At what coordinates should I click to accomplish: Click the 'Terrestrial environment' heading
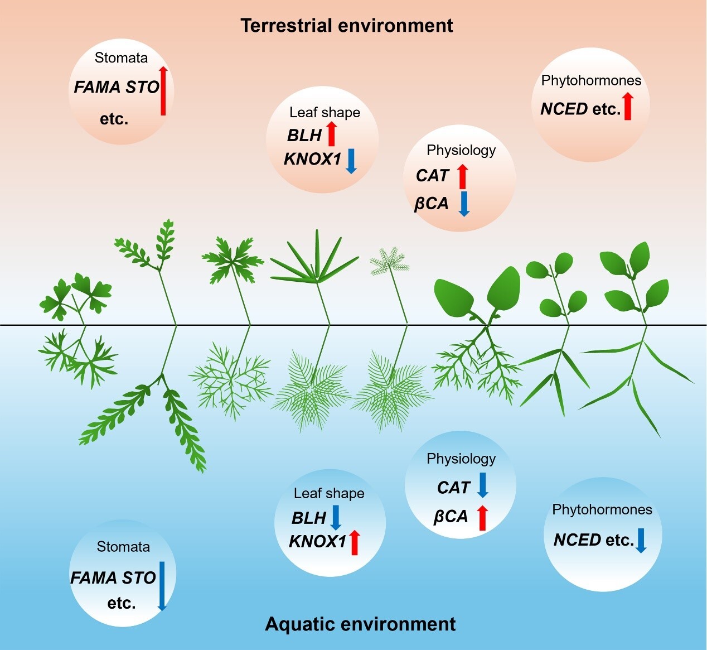pyautogui.click(x=346, y=26)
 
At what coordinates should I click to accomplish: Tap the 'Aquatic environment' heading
pyautogui.click(x=360, y=624)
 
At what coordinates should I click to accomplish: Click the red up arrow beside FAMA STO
pyautogui.click(x=163, y=90)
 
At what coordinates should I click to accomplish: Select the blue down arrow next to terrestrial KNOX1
pyautogui.click(x=351, y=160)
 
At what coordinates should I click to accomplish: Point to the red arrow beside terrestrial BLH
pyautogui.click(x=331, y=134)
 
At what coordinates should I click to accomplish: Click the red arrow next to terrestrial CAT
pyautogui.click(x=462, y=176)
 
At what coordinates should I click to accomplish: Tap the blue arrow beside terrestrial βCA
pyautogui.click(x=464, y=204)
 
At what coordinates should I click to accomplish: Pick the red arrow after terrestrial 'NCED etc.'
pyautogui.click(x=628, y=107)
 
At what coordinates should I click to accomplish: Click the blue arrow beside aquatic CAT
pyautogui.click(x=483, y=485)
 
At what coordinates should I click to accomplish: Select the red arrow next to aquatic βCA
pyautogui.click(x=483, y=517)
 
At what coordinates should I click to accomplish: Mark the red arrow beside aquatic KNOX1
pyautogui.click(x=354, y=542)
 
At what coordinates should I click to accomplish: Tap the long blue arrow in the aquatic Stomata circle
pyautogui.click(x=162, y=586)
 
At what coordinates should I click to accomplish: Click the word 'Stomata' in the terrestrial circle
pyautogui.click(x=121, y=58)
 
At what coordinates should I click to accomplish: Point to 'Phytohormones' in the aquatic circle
pyautogui.click(x=602, y=509)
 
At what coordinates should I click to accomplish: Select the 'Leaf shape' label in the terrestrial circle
pyautogui.click(x=325, y=112)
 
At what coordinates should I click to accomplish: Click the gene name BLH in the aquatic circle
pyautogui.click(x=308, y=518)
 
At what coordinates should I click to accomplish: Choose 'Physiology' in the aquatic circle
pyautogui.click(x=461, y=459)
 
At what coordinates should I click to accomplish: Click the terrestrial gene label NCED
pyautogui.click(x=564, y=109)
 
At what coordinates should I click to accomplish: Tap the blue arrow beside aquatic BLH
pyautogui.click(x=335, y=517)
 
